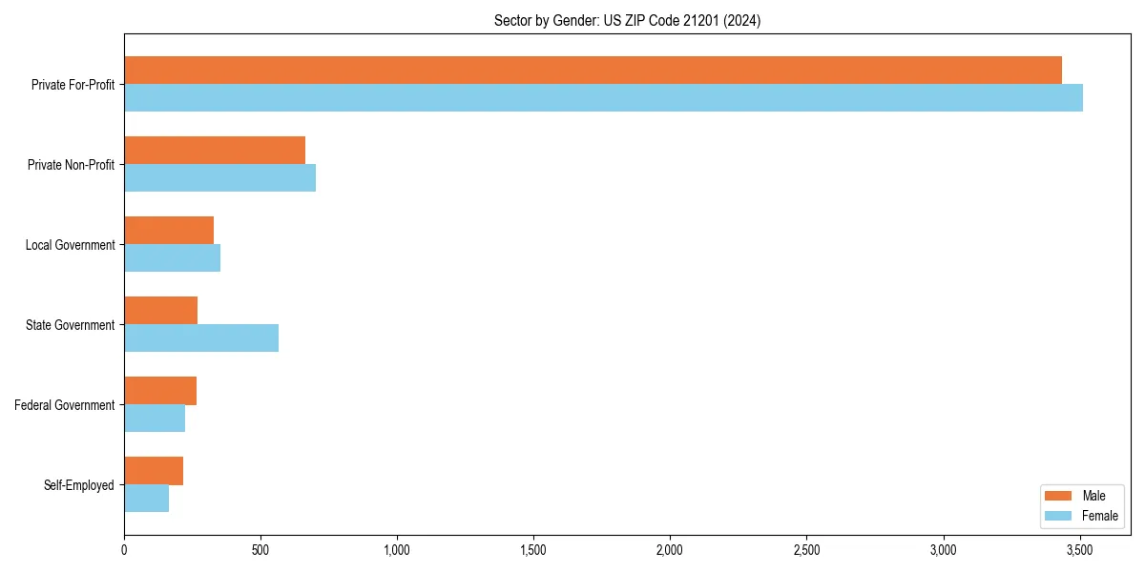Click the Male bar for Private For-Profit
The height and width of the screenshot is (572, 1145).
click(x=593, y=71)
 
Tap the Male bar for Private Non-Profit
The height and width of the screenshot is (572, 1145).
click(x=215, y=151)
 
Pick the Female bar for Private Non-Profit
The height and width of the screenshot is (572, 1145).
click(x=219, y=178)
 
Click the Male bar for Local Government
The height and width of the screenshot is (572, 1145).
click(x=169, y=231)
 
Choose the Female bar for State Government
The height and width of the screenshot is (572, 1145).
click(x=201, y=338)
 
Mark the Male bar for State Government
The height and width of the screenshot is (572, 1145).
click(x=160, y=311)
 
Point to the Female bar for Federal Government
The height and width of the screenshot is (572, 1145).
click(x=155, y=419)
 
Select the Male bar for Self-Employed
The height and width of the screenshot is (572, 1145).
click(x=154, y=471)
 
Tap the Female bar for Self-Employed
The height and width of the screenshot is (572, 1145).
click(x=146, y=499)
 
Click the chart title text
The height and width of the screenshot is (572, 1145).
click(x=627, y=20)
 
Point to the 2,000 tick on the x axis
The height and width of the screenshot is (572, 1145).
click(x=670, y=550)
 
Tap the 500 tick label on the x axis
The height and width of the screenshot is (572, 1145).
click(x=260, y=550)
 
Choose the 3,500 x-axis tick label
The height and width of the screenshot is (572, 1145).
click(x=1079, y=550)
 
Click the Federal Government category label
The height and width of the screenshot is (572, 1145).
click(x=64, y=405)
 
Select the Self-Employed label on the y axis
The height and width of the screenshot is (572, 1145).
click(x=78, y=485)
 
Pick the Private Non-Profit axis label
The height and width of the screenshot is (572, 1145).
click(x=71, y=165)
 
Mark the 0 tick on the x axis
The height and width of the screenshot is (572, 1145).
click(x=124, y=550)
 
